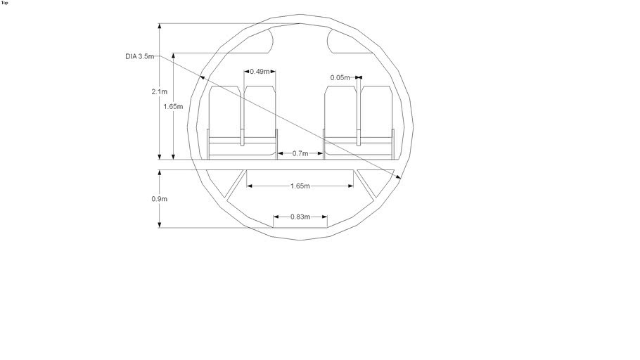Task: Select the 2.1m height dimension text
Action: [160, 91]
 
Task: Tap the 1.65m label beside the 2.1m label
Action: [173, 107]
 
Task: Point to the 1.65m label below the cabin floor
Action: [300, 186]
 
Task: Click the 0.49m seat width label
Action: [260, 72]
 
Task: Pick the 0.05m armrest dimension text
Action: [340, 77]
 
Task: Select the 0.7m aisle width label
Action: [300, 153]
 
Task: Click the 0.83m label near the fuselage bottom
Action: [300, 217]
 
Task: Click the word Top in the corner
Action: [5, 3]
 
